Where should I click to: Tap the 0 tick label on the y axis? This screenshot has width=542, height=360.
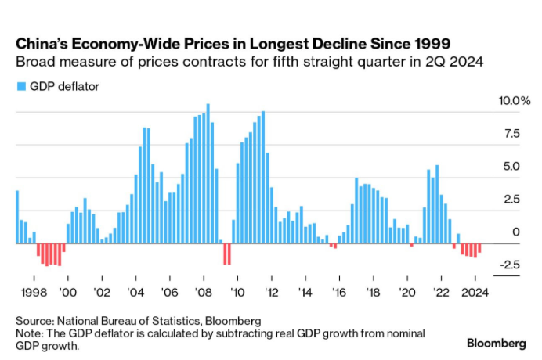[x=515, y=232]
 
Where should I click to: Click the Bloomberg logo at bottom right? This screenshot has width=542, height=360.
[x=496, y=343]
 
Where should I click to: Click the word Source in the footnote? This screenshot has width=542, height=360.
[x=34, y=321]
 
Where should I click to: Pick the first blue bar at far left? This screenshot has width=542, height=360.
[x=17, y=217]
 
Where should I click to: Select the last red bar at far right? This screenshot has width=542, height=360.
[x=479, y=250]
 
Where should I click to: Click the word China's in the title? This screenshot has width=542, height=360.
[x=42, y=41]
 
